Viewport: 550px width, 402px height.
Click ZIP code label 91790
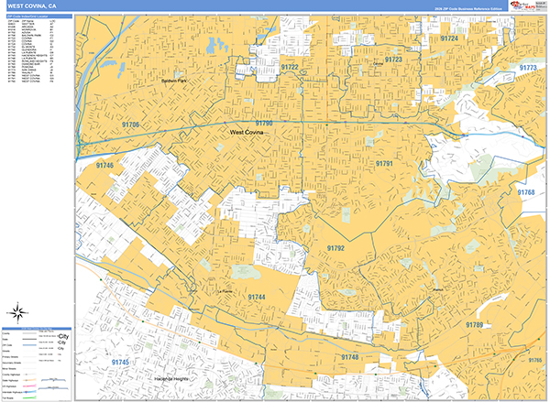tap(264, 123)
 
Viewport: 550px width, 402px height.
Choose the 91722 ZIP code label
tap(290, 67)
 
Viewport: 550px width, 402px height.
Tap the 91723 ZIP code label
tap(393, 59)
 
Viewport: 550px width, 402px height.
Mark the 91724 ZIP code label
tap(449, 39)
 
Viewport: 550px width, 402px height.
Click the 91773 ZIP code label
tap(528, 68)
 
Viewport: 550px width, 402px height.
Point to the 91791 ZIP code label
tap(384, 162)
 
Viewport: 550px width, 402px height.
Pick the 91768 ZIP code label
tap(525, 192)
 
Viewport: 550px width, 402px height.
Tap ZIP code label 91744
tap(256, 298)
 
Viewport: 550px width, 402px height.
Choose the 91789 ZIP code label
tap(474, 325)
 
